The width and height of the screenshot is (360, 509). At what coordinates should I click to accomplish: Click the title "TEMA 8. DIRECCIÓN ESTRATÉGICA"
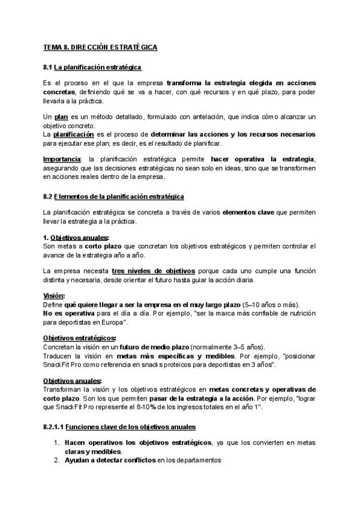point(101,47)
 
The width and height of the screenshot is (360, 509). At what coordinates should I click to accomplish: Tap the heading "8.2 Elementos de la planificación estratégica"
point(114,196)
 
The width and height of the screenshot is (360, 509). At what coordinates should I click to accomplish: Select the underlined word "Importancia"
point(62,159)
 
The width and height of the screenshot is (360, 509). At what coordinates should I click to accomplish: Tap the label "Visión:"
point(54,296)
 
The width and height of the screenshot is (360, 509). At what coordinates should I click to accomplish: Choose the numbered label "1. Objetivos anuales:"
point(76,238)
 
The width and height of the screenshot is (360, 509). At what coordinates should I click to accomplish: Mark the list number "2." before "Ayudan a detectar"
point(56,460)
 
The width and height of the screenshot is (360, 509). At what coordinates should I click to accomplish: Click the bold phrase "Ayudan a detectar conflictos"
point(110,460)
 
